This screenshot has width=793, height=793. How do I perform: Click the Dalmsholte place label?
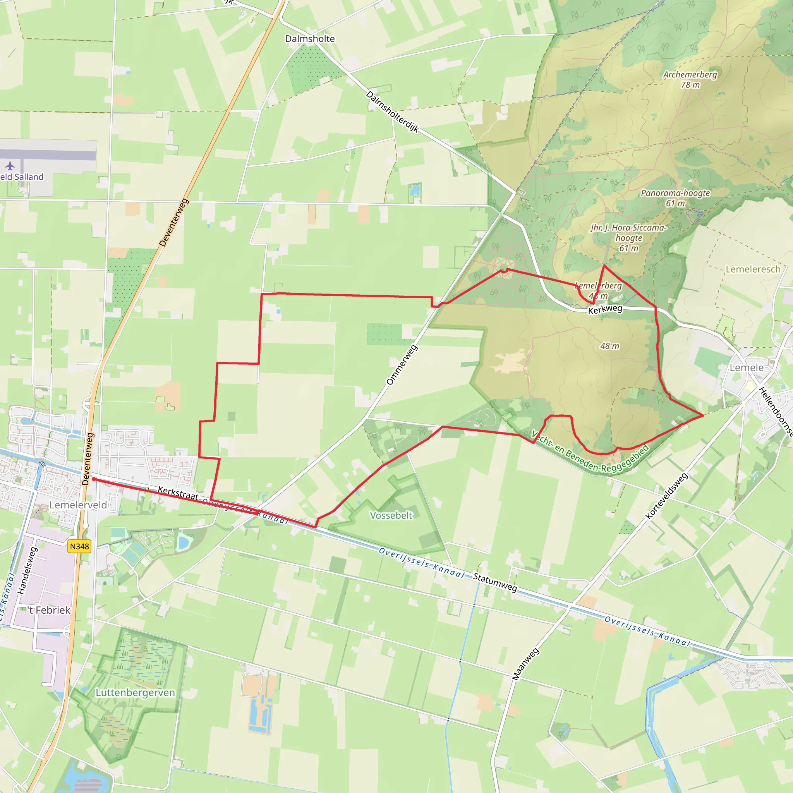(x=310, y=39)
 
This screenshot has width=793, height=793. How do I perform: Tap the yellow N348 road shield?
(x=79, y=546)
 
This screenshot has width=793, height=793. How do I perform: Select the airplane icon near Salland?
(x=10, y=166)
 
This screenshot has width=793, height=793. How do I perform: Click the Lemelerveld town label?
(x=78, y=505)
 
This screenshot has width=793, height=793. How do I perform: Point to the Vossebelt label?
(x=391, y=515)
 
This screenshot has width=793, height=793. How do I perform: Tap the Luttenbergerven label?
(x=135, y=693)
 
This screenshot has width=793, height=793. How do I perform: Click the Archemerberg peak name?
(x=690, y=75)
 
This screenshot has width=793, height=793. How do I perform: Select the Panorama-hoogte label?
(x=675, y=193)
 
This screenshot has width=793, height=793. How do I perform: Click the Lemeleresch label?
(x=753, y=269)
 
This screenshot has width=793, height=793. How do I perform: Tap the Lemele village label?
(x=746, y=368)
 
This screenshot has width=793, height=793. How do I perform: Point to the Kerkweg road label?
(x=605, y=309)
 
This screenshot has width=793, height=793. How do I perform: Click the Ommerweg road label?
(x=402, y=365)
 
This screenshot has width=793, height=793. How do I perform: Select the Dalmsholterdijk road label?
(x=392, y=112)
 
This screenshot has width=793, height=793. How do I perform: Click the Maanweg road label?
(x=525, y=664)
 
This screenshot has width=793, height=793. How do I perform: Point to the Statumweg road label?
(x=495, y=582)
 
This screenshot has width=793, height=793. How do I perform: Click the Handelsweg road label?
(x=27, y=570)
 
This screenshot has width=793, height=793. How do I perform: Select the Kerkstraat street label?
(x=178, y=493)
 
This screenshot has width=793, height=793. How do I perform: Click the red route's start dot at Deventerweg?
(x=94, y=479)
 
